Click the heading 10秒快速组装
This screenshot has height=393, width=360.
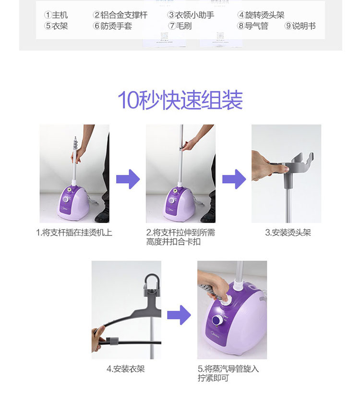tap(180, 100)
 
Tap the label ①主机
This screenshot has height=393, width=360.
tap(56, 15)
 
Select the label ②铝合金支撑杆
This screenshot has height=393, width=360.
tap(120, 15)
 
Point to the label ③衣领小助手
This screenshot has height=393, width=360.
tap(191, 15)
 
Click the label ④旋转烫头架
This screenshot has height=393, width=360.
tap(261, 15)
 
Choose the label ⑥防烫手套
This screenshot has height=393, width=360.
tap(112, 26)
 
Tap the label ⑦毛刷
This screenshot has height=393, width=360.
tap(180, 26)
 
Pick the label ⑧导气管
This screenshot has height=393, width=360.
tap(252, 26)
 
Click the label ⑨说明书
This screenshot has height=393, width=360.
tap(300, 26)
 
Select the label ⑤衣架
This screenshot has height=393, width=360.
tap(56, 26)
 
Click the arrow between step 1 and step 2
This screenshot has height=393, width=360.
tap(128, 179)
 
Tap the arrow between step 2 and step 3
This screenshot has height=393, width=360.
tap(234, 179)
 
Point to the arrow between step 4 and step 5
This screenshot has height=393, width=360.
tap(179, 315)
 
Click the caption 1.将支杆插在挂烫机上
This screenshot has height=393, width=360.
tap(74, 233)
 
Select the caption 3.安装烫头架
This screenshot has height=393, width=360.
tap(288, 233)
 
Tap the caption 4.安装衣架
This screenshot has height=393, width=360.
tap(126, 369)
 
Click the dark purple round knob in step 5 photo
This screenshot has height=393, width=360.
tap(217, 320)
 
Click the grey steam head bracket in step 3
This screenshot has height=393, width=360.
tap(293, 167)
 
